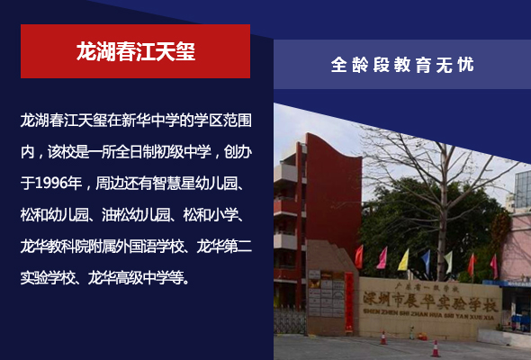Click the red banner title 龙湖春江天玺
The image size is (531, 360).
(136, 51)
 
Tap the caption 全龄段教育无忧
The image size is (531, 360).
(402, 65)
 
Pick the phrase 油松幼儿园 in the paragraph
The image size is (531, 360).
(136, 215)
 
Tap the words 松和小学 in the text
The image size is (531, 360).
(211, 215)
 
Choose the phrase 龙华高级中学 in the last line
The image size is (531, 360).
(129, 278)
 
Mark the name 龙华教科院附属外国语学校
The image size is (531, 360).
(102, 247)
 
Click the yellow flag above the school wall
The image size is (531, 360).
(404, 260)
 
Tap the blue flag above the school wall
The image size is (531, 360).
(426, 260)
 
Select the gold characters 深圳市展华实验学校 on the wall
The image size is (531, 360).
(430, 301)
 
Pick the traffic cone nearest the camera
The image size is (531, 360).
(436, 348)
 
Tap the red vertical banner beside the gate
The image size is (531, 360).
(349, 301)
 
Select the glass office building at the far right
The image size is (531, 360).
(523, 190)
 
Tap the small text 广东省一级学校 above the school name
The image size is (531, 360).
(426, 288)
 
